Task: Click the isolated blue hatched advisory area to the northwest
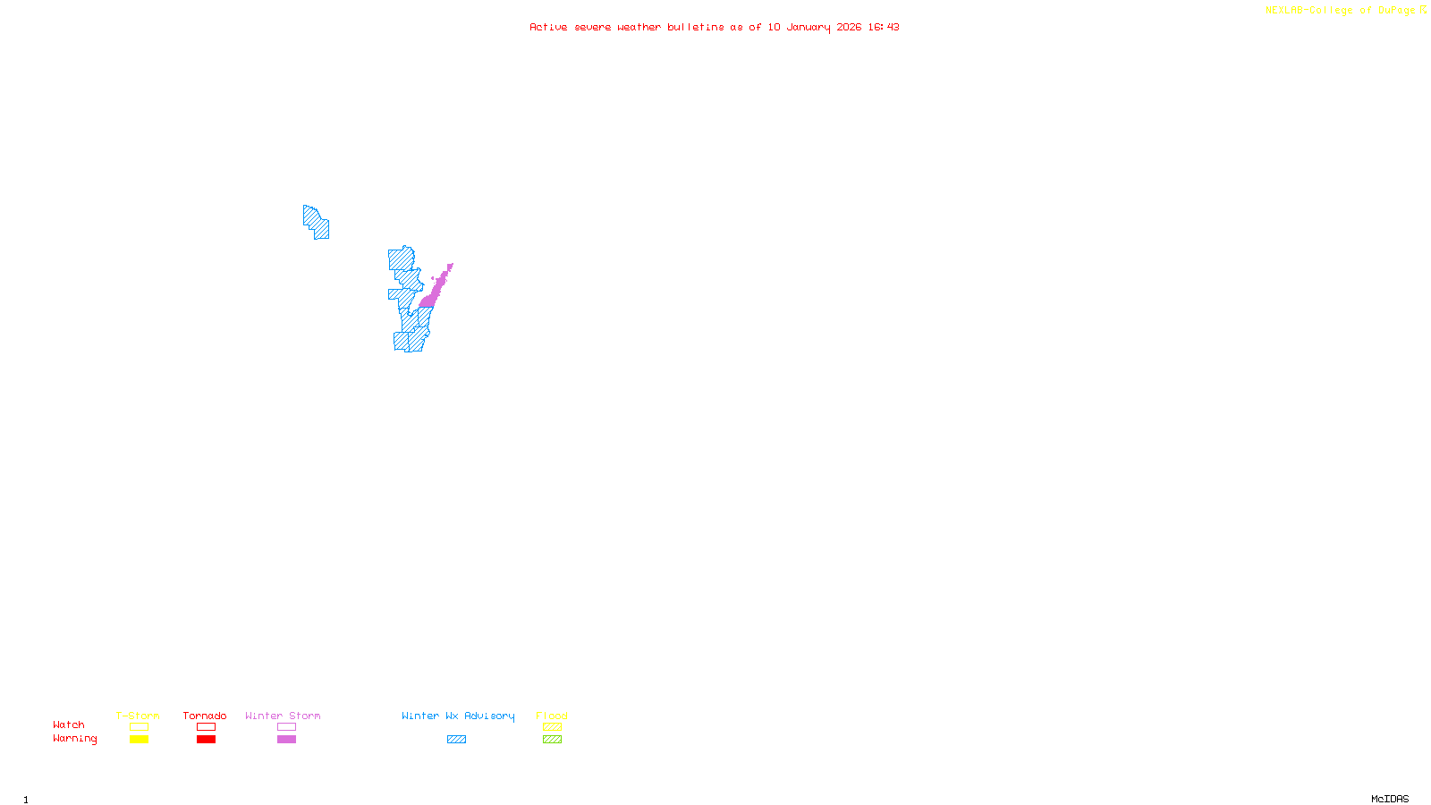point(316,222)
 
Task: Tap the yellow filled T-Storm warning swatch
point(139,740)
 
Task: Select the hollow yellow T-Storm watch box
point(139,727)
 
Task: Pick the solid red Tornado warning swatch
point(206,740)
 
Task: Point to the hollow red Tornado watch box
point(206,727)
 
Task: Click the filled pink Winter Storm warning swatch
point(286,740)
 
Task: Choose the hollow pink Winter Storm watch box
point(286,727)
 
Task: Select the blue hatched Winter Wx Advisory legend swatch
point(456,740)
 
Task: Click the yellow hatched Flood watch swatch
point(552,727)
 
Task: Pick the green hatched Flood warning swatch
point(552,740)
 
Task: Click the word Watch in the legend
point(69,725)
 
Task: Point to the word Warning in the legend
point(74,739)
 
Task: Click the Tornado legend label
point(205,716)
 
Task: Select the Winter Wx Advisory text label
point(458,716)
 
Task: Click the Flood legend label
point(552,716)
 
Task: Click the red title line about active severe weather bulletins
point(715,28)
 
